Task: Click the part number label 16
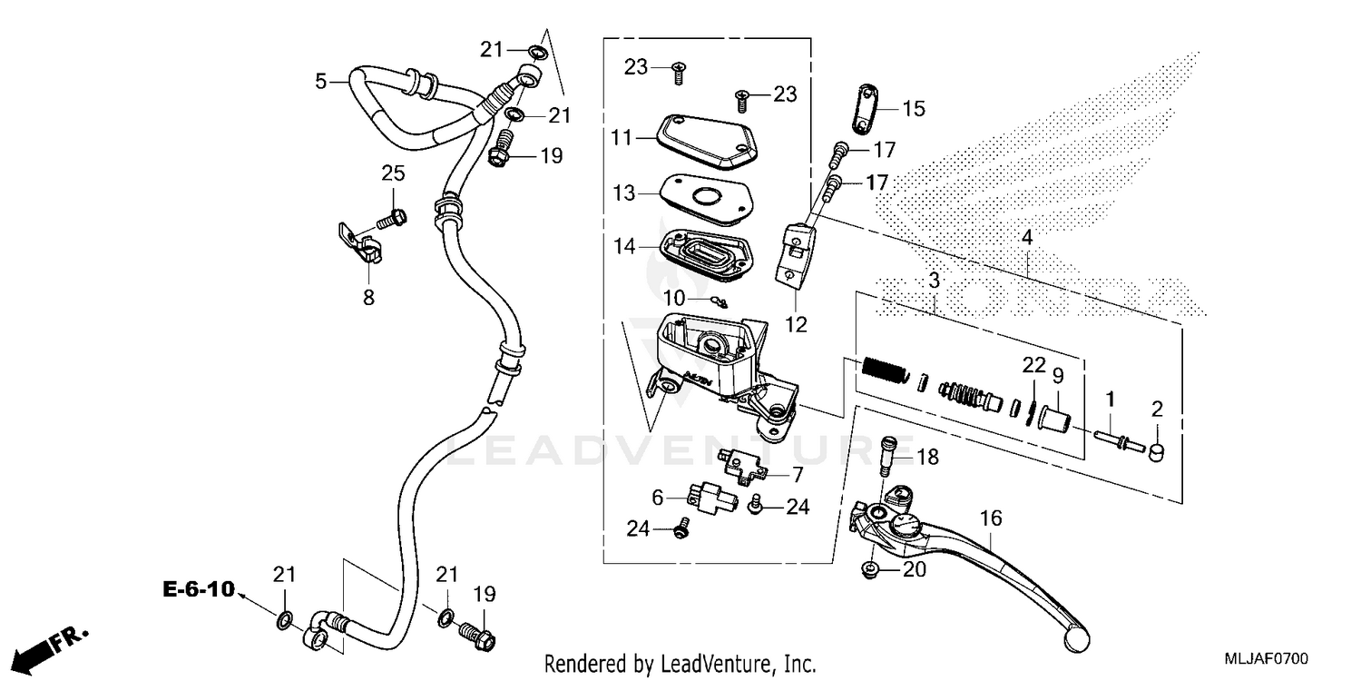click(x=991, y=518)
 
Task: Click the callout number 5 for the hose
click(x=320, y=82)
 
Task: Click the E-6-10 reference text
click(x=198, y=590)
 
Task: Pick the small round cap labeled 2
click(x=1157, y=452)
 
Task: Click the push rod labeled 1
click(x=1118, y=439)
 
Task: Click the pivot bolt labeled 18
click(x=889, y=454)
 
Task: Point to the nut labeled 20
click(x=869, y=571)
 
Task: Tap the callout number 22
click(x=1034, y=365)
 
